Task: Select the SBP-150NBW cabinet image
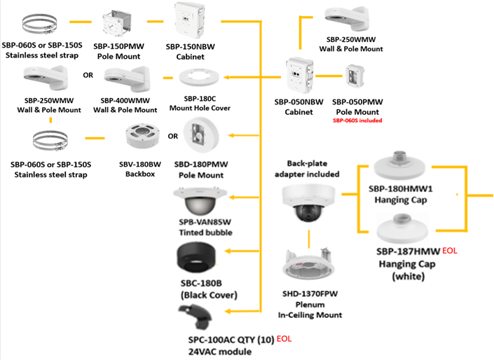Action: click(x=195, y=22)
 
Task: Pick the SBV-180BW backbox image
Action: click(x=142, y=135)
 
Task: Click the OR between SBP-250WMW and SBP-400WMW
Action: click(x=88, y=75)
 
